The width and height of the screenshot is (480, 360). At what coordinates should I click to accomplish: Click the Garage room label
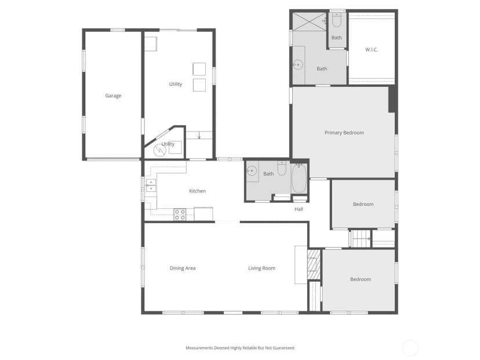(x=113, y=96)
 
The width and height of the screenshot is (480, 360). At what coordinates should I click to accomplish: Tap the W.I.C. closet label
(x=372, y=50)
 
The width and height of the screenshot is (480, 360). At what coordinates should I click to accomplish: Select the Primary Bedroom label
(x=344, y=133)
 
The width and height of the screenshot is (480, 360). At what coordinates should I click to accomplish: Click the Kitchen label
(x=198, y=191)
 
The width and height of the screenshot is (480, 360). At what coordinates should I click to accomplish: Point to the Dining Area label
(x=183, y=268)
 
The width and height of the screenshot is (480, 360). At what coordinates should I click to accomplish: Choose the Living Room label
(x=261, y=268)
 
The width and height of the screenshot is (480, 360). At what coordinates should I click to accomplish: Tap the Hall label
(x=299, y=209)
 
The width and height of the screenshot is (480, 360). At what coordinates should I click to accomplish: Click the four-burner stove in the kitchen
(x=180, y=214)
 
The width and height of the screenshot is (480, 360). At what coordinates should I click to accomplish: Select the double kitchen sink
(x=151, y=186)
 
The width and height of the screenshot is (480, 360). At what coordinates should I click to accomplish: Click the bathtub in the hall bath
(x=299, y=179)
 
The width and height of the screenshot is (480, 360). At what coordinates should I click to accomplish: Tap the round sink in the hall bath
(x=252, y=171)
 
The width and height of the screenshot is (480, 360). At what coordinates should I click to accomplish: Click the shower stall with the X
(x=310, y=21)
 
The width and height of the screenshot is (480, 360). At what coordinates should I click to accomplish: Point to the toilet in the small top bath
(x=336, y=20)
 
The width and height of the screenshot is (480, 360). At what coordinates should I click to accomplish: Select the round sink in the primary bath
(x=298, y=64)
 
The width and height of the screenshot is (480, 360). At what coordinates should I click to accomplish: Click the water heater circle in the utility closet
(x=159, y=150)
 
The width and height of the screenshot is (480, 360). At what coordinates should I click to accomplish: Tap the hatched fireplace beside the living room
(x=314, y=264)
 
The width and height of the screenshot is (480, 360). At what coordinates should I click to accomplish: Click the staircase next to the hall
(x=361, y=238)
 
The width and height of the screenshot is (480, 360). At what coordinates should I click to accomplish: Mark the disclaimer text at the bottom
(x=240, y=348)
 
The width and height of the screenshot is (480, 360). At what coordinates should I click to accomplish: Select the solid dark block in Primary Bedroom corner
(x=392, y=99)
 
